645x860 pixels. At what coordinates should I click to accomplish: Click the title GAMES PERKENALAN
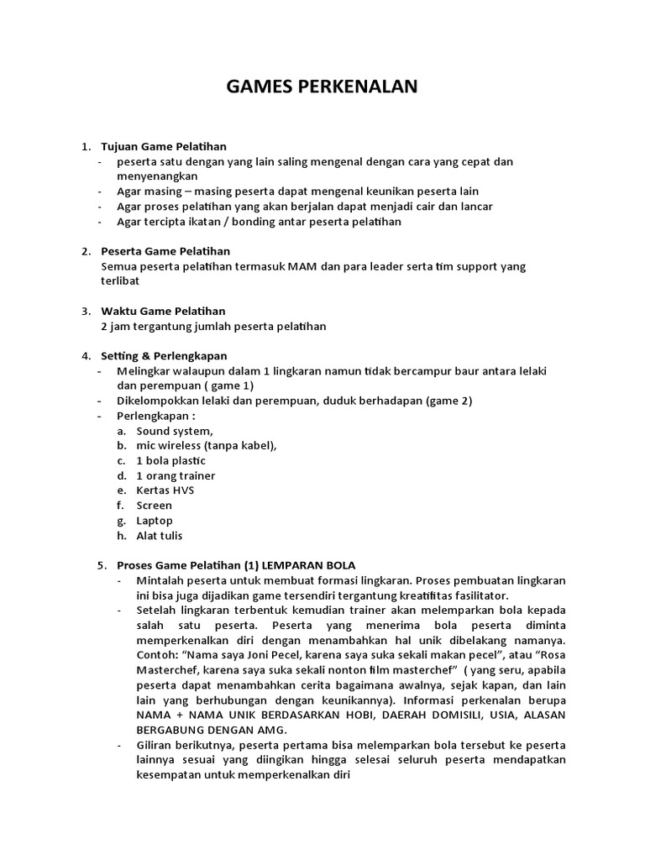[x=322, y=88]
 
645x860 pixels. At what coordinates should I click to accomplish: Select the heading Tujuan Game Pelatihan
[x=164, y=147]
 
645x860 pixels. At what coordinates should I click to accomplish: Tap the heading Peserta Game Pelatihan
[x=165, y=251]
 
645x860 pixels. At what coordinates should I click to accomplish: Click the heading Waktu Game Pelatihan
[x=163, y=311]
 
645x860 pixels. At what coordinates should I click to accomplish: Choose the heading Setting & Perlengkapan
[x=164, y=355]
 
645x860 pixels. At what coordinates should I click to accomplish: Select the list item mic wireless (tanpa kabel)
[x=207, y=446]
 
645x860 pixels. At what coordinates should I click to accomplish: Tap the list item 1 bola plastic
[x=171, y=461]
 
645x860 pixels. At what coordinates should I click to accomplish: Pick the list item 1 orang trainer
[x=176, y=476]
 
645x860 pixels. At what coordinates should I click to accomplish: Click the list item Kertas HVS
[x=165, y=490]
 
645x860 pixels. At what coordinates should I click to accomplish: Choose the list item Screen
[x=155, y=506]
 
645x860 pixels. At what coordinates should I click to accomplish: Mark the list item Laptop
[x=155, y=521]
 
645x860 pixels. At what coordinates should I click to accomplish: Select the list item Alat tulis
[x=160, y=536]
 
